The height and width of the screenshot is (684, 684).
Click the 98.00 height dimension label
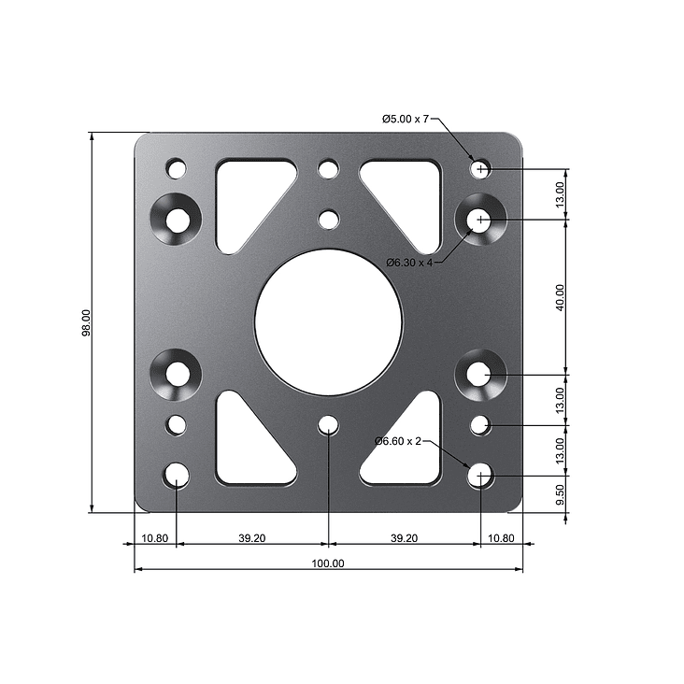(86, 322)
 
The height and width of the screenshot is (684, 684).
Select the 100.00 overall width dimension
(328, 563)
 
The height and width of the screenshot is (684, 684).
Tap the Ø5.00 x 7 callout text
(406, 119)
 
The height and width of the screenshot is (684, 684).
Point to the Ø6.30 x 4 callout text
(409, 263)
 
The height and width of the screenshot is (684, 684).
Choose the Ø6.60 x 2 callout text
(398, 441)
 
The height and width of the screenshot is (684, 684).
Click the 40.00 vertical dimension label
(560, 296)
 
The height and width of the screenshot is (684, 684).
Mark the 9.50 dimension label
(560, 495)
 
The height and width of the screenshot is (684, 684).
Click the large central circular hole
(328, 322)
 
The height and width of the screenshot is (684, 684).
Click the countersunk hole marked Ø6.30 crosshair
(480, 220)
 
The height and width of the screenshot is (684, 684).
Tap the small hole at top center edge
(328, 169)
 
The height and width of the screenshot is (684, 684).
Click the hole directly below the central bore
(328, 426)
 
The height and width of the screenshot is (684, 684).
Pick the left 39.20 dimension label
(251, 538)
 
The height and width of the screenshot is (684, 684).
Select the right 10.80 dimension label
(501, 538)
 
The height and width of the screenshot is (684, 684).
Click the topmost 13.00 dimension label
(560, 194)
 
